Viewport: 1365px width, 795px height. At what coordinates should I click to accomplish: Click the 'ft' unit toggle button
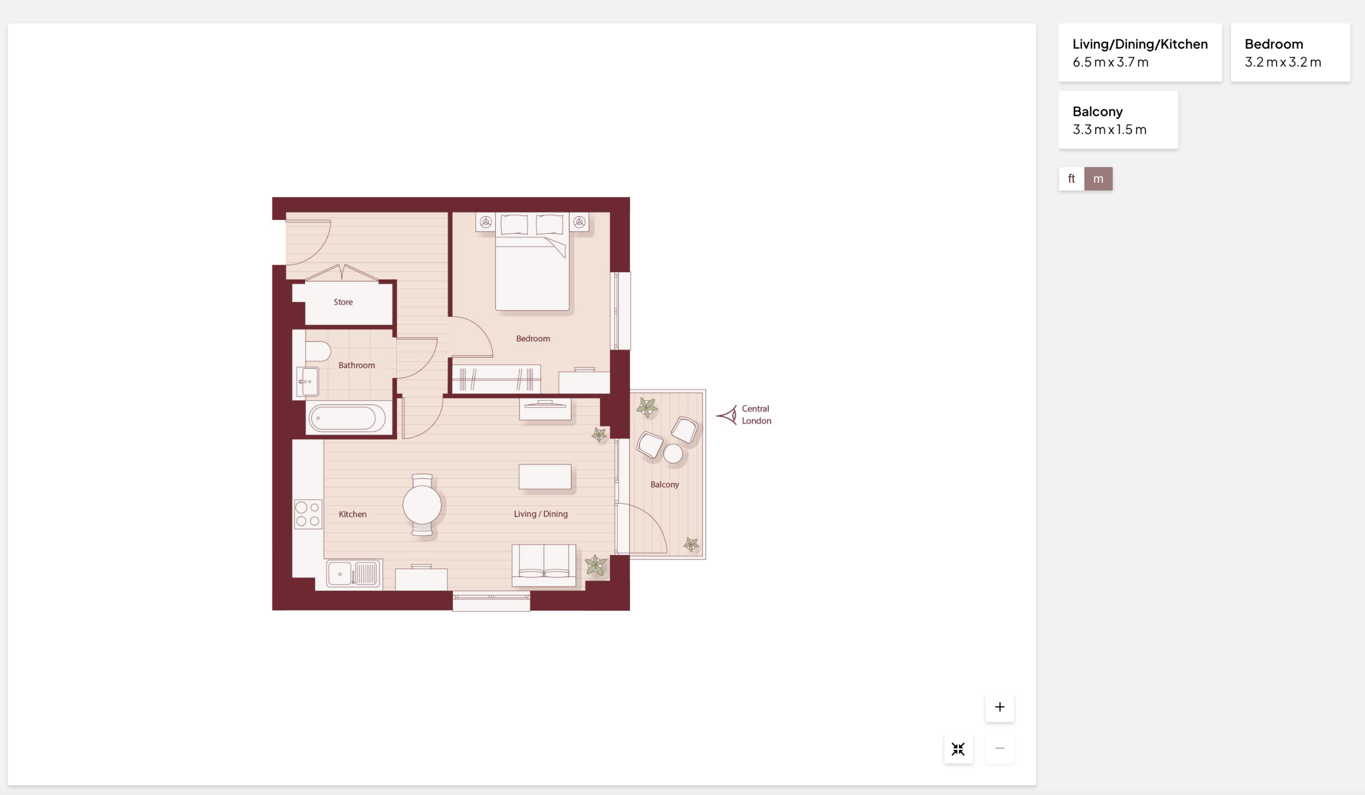point(1071,178)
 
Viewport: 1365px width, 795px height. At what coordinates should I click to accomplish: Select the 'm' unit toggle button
point(1098,178)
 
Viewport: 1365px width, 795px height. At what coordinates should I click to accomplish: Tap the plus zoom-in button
point(999,706)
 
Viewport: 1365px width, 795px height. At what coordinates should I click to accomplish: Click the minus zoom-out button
point(999,749)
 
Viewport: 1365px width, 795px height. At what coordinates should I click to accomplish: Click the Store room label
point(343,302)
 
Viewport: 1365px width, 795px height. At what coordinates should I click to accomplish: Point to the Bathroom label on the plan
point(356,365)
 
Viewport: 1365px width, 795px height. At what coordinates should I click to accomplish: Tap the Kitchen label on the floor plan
point(352,514)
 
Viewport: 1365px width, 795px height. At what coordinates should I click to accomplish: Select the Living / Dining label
point(541,514)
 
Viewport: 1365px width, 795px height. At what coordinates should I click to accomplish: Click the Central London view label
point(756,415)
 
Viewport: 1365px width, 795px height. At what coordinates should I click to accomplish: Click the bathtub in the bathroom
point(347,418)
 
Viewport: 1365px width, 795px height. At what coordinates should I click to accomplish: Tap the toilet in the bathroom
point(317,351)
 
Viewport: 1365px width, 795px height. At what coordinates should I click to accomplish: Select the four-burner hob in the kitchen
point(308,514)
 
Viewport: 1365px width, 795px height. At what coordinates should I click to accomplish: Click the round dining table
point(422,505)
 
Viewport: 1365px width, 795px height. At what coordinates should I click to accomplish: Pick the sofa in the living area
point(544,565)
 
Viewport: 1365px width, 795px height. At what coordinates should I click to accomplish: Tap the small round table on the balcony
point(673,454)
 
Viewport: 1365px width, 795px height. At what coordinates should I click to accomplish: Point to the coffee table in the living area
point(545,476)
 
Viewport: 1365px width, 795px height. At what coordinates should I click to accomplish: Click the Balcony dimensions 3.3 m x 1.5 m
point(1110,130)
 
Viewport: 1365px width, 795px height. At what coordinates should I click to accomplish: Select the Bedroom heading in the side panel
point(1273,44)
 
